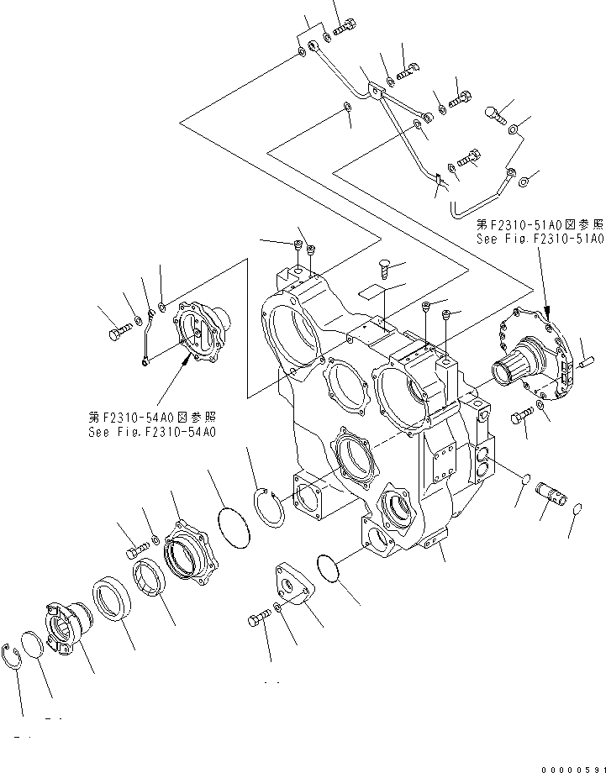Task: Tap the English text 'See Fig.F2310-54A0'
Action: click(x=152, y=432)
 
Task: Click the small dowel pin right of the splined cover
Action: click(x=585, y=363)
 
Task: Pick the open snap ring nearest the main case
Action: click(x=269, y=508)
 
